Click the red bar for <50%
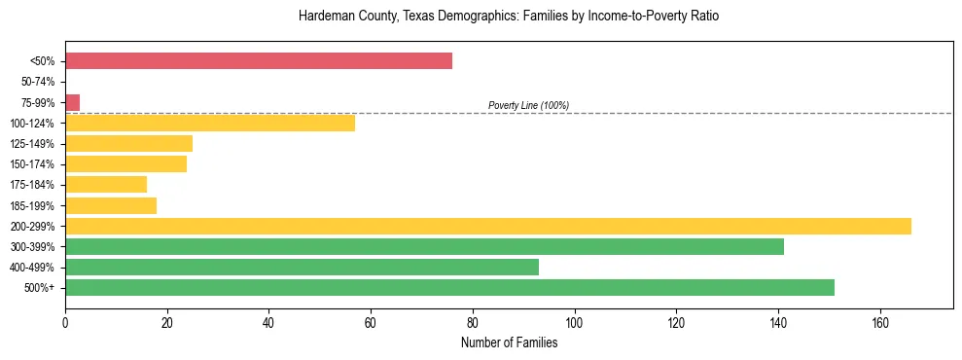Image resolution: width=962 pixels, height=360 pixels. point(259,61)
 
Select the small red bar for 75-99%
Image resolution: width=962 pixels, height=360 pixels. point(73,102)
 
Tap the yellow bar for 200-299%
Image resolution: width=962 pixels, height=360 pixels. point(488,226)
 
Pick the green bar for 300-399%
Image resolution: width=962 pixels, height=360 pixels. point(424,246)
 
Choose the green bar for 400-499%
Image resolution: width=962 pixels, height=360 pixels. point(302,267)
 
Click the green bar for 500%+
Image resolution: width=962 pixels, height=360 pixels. point(449,287)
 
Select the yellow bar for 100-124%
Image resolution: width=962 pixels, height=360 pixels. point(210,123)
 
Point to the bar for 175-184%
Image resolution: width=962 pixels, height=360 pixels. point(106,185)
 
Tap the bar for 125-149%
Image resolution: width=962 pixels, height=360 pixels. point(129,144)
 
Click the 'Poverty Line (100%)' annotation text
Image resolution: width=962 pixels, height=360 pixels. point(528,105)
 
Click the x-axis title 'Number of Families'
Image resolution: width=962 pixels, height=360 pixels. point(509,342)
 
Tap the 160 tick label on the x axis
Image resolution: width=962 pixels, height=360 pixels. point(879,322)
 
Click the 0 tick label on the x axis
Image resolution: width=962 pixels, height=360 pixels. point(65,322)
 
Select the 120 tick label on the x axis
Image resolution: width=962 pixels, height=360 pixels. point(676,322)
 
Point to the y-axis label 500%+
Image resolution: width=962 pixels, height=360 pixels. point(40,288)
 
